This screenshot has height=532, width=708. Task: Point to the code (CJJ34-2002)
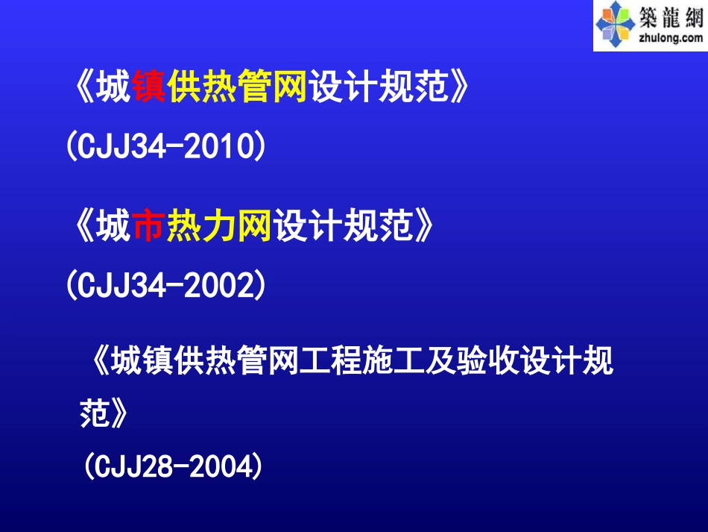pyautogui.click(x=165, y=285)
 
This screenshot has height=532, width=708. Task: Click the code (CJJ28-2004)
pyautogui.click(x=173, y=467)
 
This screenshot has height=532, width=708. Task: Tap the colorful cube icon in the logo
pyautogui.click(x=616, y=25)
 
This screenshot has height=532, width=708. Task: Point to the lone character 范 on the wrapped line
pyautogui.click(x=92, y=413)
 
